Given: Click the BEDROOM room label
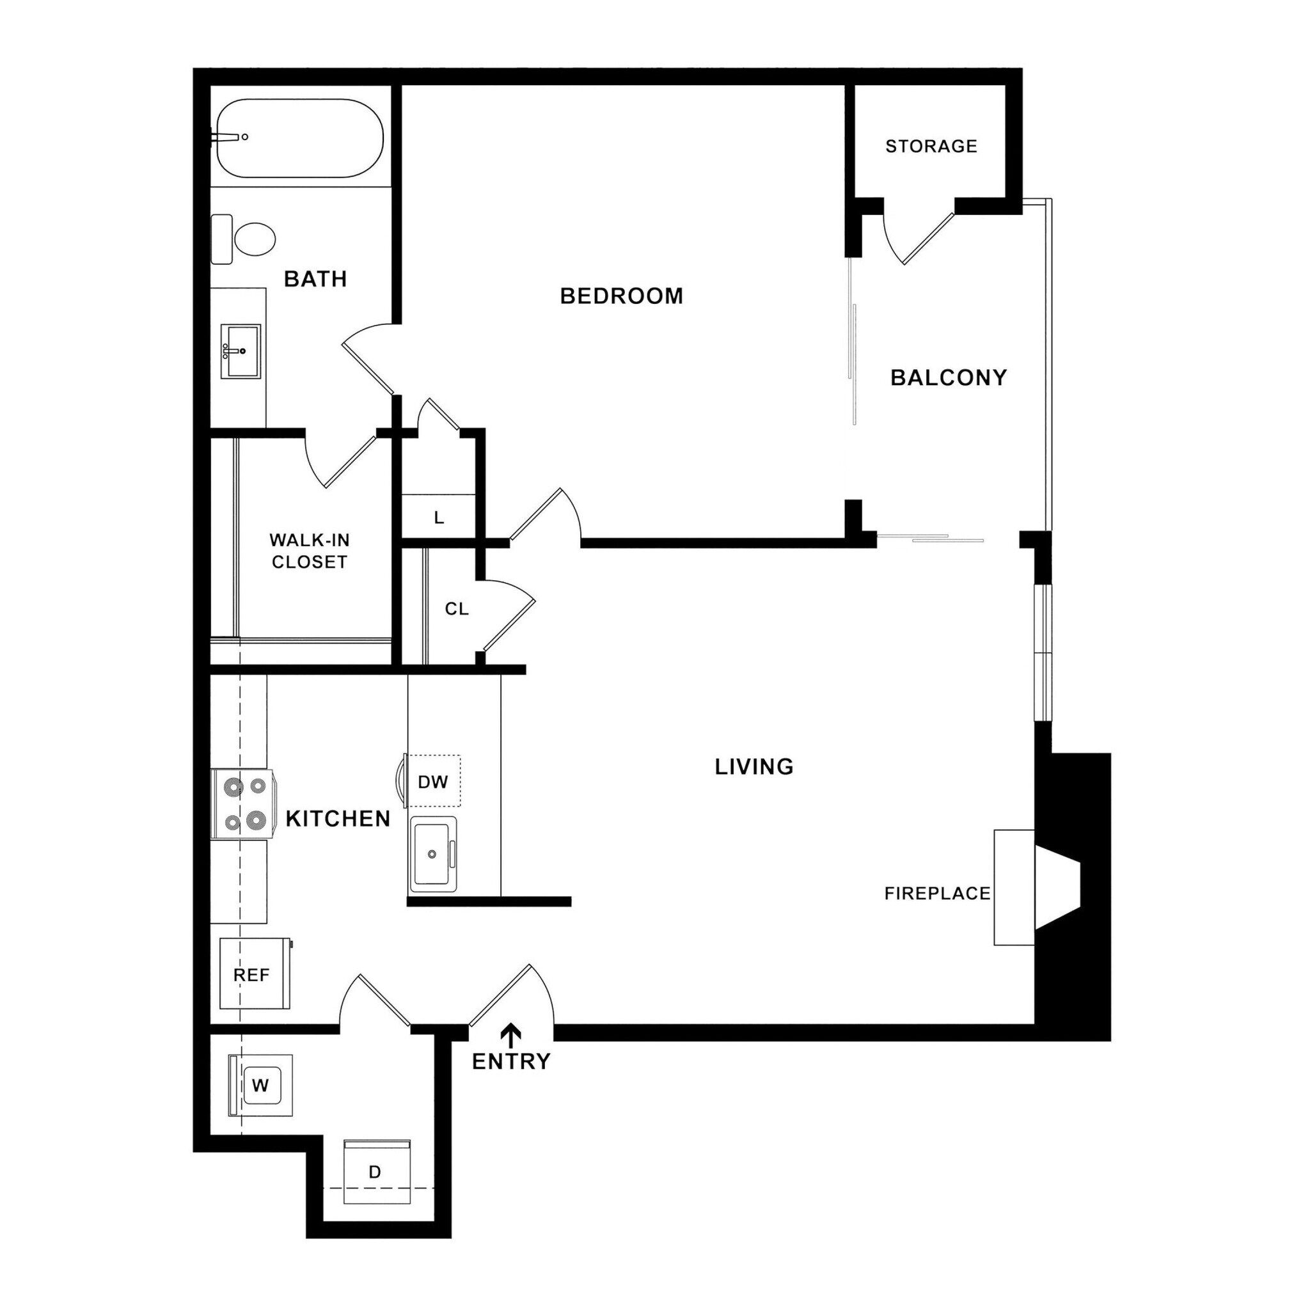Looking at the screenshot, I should click(x=621, y=296).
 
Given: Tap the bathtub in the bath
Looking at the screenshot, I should click(x=300, y=138).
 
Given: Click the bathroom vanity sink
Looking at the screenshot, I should click(x=241, y=351).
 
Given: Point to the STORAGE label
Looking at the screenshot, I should click(x=931, y=146).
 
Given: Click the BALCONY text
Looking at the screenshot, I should click(x=948, y=377).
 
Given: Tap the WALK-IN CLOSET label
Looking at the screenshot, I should click(x=309, y=551).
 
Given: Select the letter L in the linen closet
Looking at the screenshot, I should click(x=439, y=518).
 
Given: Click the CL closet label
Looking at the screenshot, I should click(x=456, y=609).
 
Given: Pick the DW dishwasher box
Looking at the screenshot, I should click(x=432, y=782).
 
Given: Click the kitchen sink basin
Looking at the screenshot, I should click(x=432, y=854).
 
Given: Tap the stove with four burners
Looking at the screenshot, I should click(x=244, y=804).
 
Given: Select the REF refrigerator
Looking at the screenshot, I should click(x=252, y=975).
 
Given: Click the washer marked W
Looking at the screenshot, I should click(x=260, y=1085).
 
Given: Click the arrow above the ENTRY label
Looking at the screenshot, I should click(x=510, y=1036).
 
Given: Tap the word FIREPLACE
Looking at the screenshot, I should click(x=937, y=894).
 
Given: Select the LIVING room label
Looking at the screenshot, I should click(x=754, y=767).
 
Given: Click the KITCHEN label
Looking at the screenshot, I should click(x=338, y=819).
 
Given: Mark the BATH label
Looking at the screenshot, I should click(x=315, y=279).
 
